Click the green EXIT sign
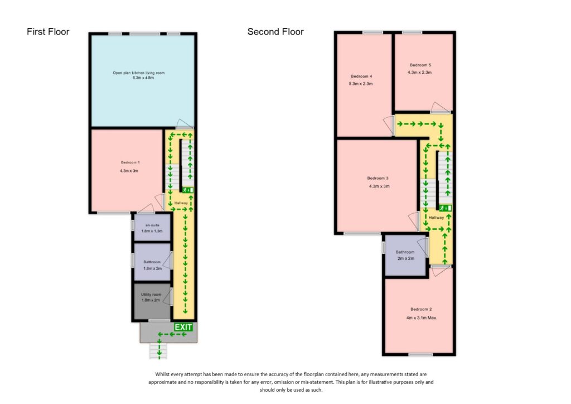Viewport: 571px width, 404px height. click(x=183, y=327)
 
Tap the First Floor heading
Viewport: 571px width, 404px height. click(x=48, y=32)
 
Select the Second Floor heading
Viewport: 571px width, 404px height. click(x=275, y=32)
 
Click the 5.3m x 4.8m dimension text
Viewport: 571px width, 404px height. click(x=139, y=78)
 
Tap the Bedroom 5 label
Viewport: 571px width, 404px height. click(x=420, y=65)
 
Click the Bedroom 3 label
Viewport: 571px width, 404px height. click(x=379, y=178)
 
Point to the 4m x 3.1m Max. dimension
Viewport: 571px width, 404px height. click(x=421, y=318)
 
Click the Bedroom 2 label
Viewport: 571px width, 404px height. click(x=421, y=309)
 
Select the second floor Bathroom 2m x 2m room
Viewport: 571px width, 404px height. click(x=405, y=255)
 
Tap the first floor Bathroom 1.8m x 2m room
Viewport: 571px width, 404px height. click(x=152, y=264)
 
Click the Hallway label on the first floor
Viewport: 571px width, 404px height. click(x=181, y=203)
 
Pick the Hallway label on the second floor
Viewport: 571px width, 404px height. click(x=436, y=218)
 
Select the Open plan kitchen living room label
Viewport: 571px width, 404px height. click(x=139, y=73)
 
